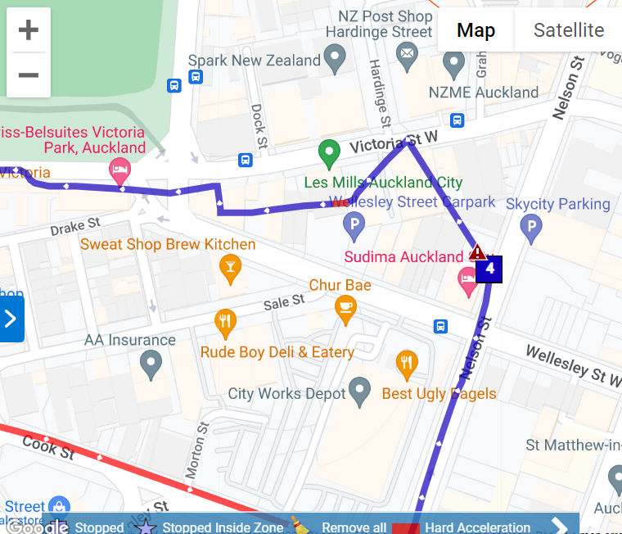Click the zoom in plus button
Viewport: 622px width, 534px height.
coord(29,31)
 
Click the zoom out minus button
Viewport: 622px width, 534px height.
coord(29,75)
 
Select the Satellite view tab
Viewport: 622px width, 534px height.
coord(568,30)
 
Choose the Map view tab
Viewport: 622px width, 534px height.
coord(476,30)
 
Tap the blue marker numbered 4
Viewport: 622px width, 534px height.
coord(489,268)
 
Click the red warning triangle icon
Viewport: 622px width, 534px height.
coord(477,252)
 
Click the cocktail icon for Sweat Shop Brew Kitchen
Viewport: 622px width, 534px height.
coord(231,267)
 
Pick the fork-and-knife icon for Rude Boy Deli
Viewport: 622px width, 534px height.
coord(225,322)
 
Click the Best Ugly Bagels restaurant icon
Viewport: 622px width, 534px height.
coord(407,364)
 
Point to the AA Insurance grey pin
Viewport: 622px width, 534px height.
coord(151,362)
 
